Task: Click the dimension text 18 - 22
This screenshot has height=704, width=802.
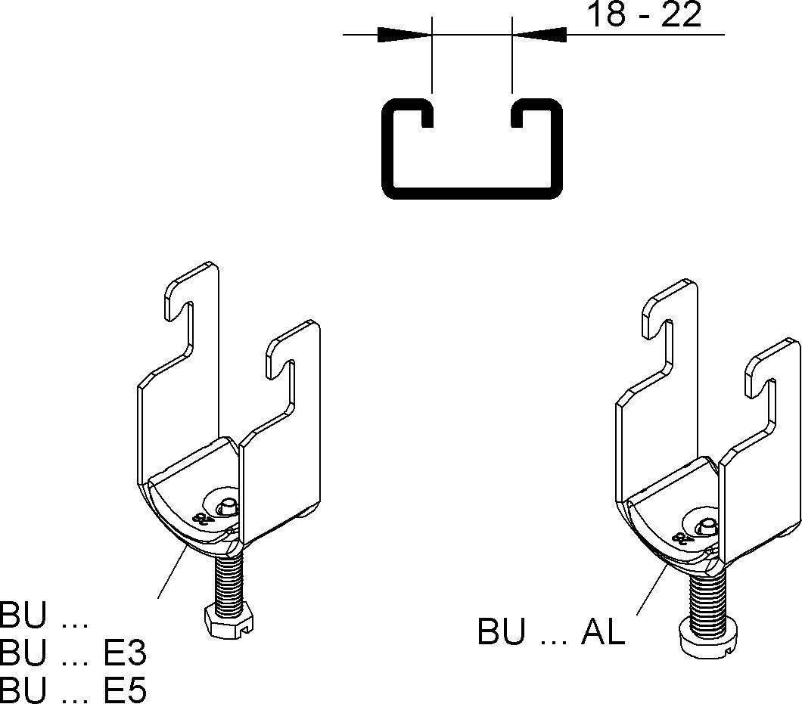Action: pyautogui.click(x=645, y=14)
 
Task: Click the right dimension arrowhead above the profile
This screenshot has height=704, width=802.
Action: pyautogui.click(x=539, y=35)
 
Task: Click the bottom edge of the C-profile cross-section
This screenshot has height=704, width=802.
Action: pyautogui.click(x=472, y=194)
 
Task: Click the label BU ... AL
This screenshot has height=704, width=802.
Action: pyautogui.click(x=552, y=632)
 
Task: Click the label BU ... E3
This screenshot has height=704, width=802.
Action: pyautogui.click(x=73, y=653)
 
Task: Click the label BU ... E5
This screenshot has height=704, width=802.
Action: pyautogui.click(x=73, y=689)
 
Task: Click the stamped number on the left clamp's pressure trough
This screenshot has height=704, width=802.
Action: pyautogui.click(x=201, y=517)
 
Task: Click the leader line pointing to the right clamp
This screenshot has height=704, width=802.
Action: pyautogui.click(x=651, y=589)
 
